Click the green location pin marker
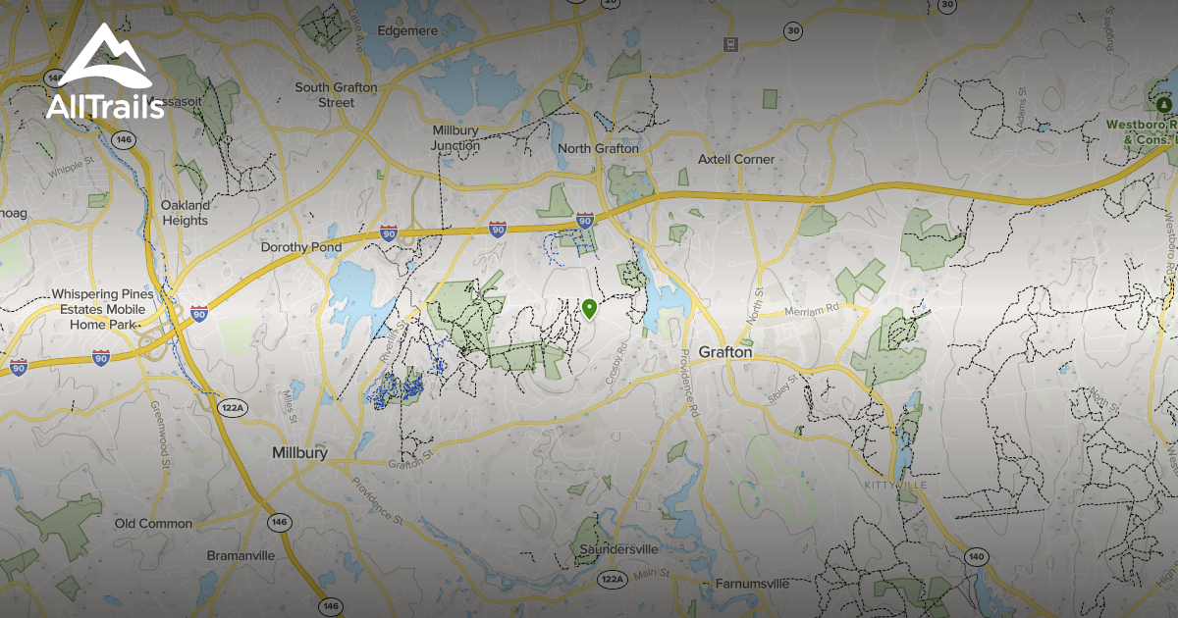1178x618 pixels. [x=589, y=309]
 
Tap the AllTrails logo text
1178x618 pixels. [x=105, y=106]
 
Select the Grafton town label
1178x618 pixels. [x=725, y=352]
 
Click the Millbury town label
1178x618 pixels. [x=299, y=453]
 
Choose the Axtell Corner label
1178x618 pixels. [x=736, y=159]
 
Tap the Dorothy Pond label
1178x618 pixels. [x=300, y=248]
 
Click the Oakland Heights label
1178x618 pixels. [x=186, y=213]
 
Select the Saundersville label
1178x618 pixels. [x=618, y=549]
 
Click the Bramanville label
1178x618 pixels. [x=241, y=555]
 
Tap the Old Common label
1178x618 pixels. [x=153, y=524]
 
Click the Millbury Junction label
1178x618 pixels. [x=455, y=138]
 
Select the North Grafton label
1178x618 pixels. [x=598, y=149]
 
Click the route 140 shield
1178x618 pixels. [x=975, y=557]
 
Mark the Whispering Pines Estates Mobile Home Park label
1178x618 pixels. [x=98, y=309]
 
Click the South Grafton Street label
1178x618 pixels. [x=337, y=95]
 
